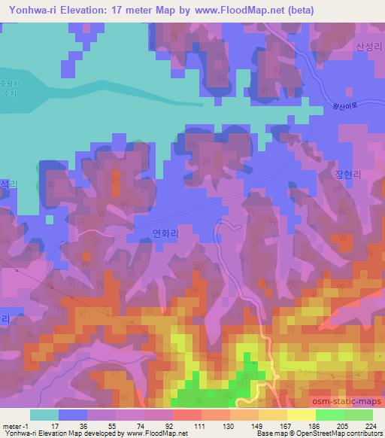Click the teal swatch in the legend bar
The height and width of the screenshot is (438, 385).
coord(44,414)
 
